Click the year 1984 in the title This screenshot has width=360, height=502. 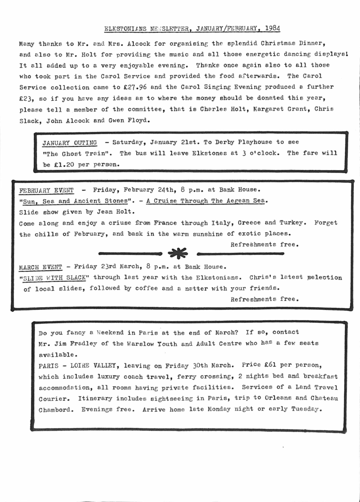[271, 28]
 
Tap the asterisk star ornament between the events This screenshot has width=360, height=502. [178, 253]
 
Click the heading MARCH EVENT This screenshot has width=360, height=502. [40, 267]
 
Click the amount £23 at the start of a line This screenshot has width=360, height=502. [25, 98]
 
